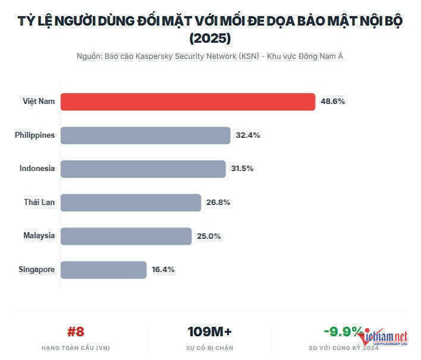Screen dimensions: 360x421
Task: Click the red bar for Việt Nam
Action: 188,102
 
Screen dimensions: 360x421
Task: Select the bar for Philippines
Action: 145,135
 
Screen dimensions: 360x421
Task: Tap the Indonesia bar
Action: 143,169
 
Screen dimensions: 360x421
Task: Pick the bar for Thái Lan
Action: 131,203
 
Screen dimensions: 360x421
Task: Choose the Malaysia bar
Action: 126,236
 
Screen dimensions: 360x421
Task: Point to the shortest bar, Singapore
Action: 103,270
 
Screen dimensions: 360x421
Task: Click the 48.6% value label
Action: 332,102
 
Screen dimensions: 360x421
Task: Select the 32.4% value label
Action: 247,135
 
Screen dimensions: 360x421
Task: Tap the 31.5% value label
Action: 242,169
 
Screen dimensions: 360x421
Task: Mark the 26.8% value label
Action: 218,203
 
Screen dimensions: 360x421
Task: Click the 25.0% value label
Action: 209,236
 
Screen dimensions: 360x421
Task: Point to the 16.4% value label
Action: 163,270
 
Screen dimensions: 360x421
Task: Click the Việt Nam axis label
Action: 39,102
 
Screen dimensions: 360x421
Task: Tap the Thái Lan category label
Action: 39,203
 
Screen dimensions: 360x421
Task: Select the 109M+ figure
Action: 210,331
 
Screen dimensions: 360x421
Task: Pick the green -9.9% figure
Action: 343,331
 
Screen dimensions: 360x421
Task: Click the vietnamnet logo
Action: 384,337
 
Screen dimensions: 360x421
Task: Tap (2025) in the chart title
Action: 210,39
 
